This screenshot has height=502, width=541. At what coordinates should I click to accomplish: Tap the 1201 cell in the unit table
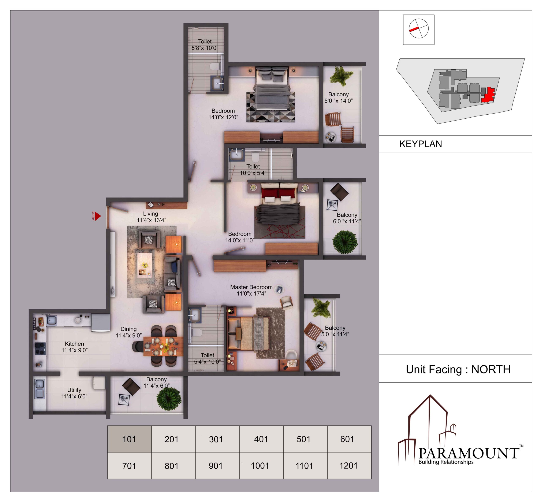point(349,465)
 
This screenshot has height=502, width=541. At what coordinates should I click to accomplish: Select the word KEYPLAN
point(421,144)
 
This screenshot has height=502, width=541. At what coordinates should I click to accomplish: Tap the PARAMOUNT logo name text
point(469,453)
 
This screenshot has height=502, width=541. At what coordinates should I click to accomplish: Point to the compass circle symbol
point(419,29)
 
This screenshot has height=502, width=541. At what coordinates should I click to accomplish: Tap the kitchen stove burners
point(40,348)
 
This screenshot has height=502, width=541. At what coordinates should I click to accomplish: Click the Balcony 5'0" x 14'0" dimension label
point(339,97)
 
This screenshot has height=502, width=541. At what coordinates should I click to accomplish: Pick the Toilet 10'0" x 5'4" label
point(253,170)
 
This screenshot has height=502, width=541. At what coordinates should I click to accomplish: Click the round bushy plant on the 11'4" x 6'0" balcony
point(169,399)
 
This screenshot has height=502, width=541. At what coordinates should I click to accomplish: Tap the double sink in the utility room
point(40,389)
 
